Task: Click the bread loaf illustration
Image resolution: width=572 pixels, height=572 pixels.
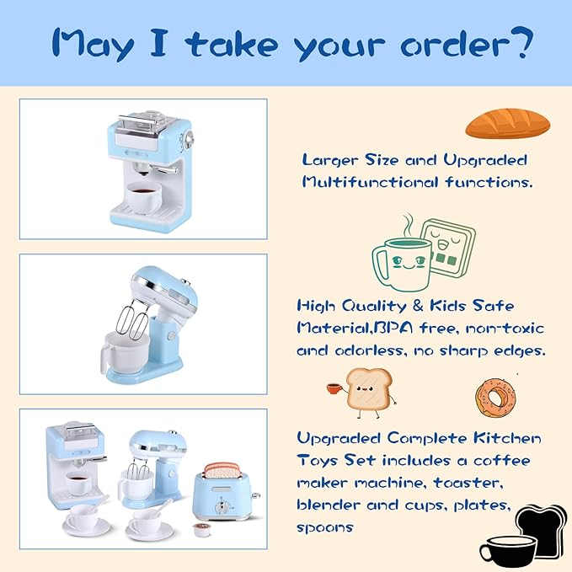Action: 507,123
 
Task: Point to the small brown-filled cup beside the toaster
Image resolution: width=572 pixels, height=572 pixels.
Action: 201,531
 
